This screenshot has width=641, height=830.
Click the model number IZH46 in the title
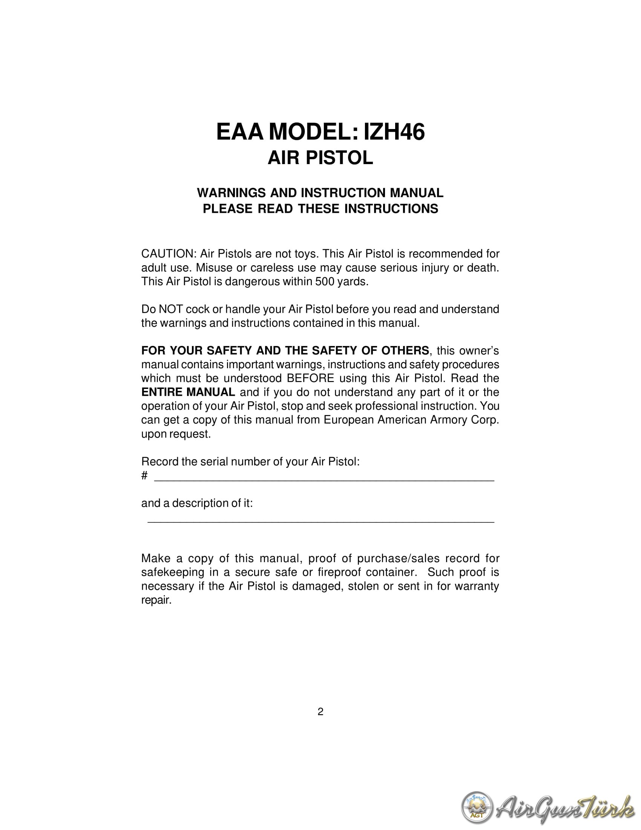point(394,132)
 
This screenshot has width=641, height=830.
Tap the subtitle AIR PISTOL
point(320,158)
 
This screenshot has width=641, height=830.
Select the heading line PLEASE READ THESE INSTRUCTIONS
point(320,209)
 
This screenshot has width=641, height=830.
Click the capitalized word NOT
point(170,309)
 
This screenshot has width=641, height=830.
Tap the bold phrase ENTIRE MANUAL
point(188,392)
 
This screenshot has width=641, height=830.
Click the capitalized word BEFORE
point(310,378)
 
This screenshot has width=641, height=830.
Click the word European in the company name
point(348,420)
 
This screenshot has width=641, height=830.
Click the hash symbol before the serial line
point(144,475)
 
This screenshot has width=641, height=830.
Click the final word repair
point(156,600)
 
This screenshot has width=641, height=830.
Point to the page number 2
point(320,712)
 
